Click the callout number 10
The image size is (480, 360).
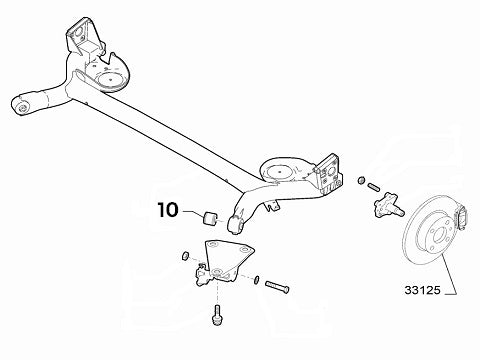click(x=167, y=210)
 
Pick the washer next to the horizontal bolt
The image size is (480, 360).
click(x=257, y=278)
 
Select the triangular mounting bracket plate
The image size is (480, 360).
click(x=225, y=257)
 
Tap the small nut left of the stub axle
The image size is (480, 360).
click(x=359, y=182)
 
